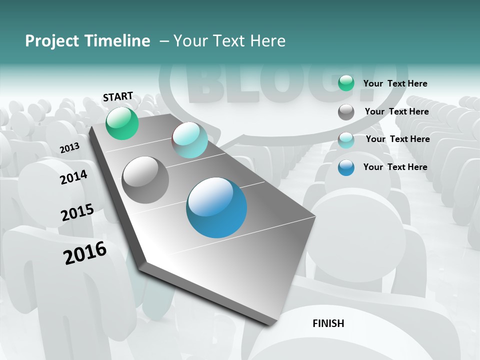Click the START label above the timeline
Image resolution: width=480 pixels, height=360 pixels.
[118, 96]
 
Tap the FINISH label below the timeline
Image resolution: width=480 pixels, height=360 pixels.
[328, 323]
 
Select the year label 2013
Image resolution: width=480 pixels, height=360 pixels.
[69, 148]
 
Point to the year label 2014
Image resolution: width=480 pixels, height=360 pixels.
[73, 177]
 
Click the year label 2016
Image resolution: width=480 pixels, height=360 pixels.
[85, 253]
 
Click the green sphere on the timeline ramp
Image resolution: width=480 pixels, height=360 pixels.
[122, 123]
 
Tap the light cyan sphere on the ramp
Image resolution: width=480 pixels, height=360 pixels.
[189, 140]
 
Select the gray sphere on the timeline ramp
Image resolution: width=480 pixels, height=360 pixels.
[145, 180]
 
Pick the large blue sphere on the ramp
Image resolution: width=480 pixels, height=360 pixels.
[216, 207]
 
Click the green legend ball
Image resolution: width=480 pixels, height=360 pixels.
[346, 83]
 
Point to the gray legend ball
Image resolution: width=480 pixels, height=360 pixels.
[346, 112]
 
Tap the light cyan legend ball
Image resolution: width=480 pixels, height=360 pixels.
[346, 140]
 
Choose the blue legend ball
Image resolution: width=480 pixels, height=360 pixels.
[346, 167]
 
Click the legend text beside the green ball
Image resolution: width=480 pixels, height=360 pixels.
[395, 83]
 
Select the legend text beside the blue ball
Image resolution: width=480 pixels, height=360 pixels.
[395, 167]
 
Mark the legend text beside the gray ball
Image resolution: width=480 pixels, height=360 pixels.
[396, 111]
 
